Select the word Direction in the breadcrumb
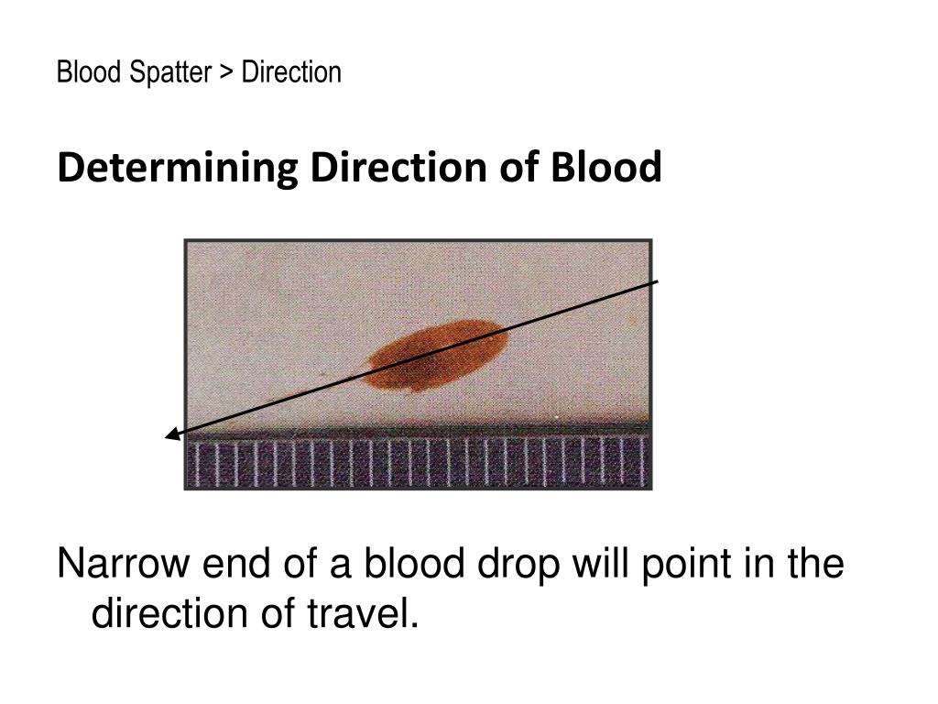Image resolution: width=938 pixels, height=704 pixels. (x=291, y=72)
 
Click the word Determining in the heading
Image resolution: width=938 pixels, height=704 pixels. (x=177, y=169)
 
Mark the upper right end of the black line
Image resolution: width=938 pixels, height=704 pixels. (x=657, y=281)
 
